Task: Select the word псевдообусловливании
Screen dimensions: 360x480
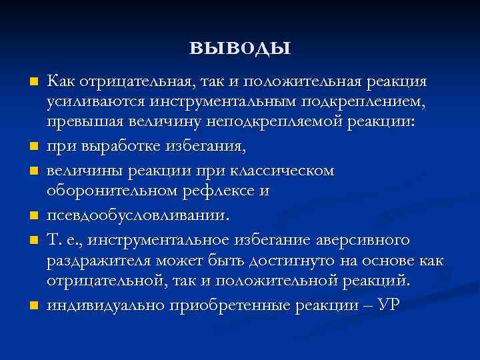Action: coord(137,215)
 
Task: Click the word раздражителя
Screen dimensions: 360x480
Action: coord(94,261)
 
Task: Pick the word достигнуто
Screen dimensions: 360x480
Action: coord(256,261)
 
